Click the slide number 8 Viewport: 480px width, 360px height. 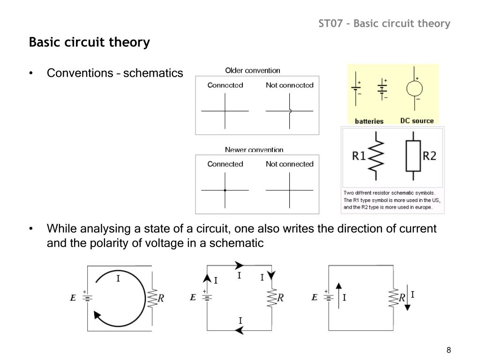click(x=449, y=351)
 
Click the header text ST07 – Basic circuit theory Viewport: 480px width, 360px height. click(x=384, y=23)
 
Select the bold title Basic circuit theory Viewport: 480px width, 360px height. click(x=89, y=43)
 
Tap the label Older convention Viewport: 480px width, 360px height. click(x=253, y=71)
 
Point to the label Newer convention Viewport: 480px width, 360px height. click(x=254, y=150)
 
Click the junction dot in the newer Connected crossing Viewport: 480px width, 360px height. click(x=225, y=190)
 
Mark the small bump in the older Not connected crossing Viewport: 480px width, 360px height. click(x=291, y=111)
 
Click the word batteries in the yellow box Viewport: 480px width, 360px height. click(x=369, y=121)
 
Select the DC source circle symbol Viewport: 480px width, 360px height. click(x=415, y=89)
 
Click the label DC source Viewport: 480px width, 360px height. click(x=417, y=120)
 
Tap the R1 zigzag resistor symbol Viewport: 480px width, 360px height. click(x=377, y=156)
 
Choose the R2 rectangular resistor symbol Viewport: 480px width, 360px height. click(x=413, y=156)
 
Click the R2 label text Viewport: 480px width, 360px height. click(x=430, y=156)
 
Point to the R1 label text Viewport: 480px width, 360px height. click(x=359, y=156)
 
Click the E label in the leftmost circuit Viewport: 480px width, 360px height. click(x=73, y=297)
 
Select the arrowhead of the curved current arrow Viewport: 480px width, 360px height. click(x=98, y=315)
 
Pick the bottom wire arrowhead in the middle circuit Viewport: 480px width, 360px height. click(x=239, y=330)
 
